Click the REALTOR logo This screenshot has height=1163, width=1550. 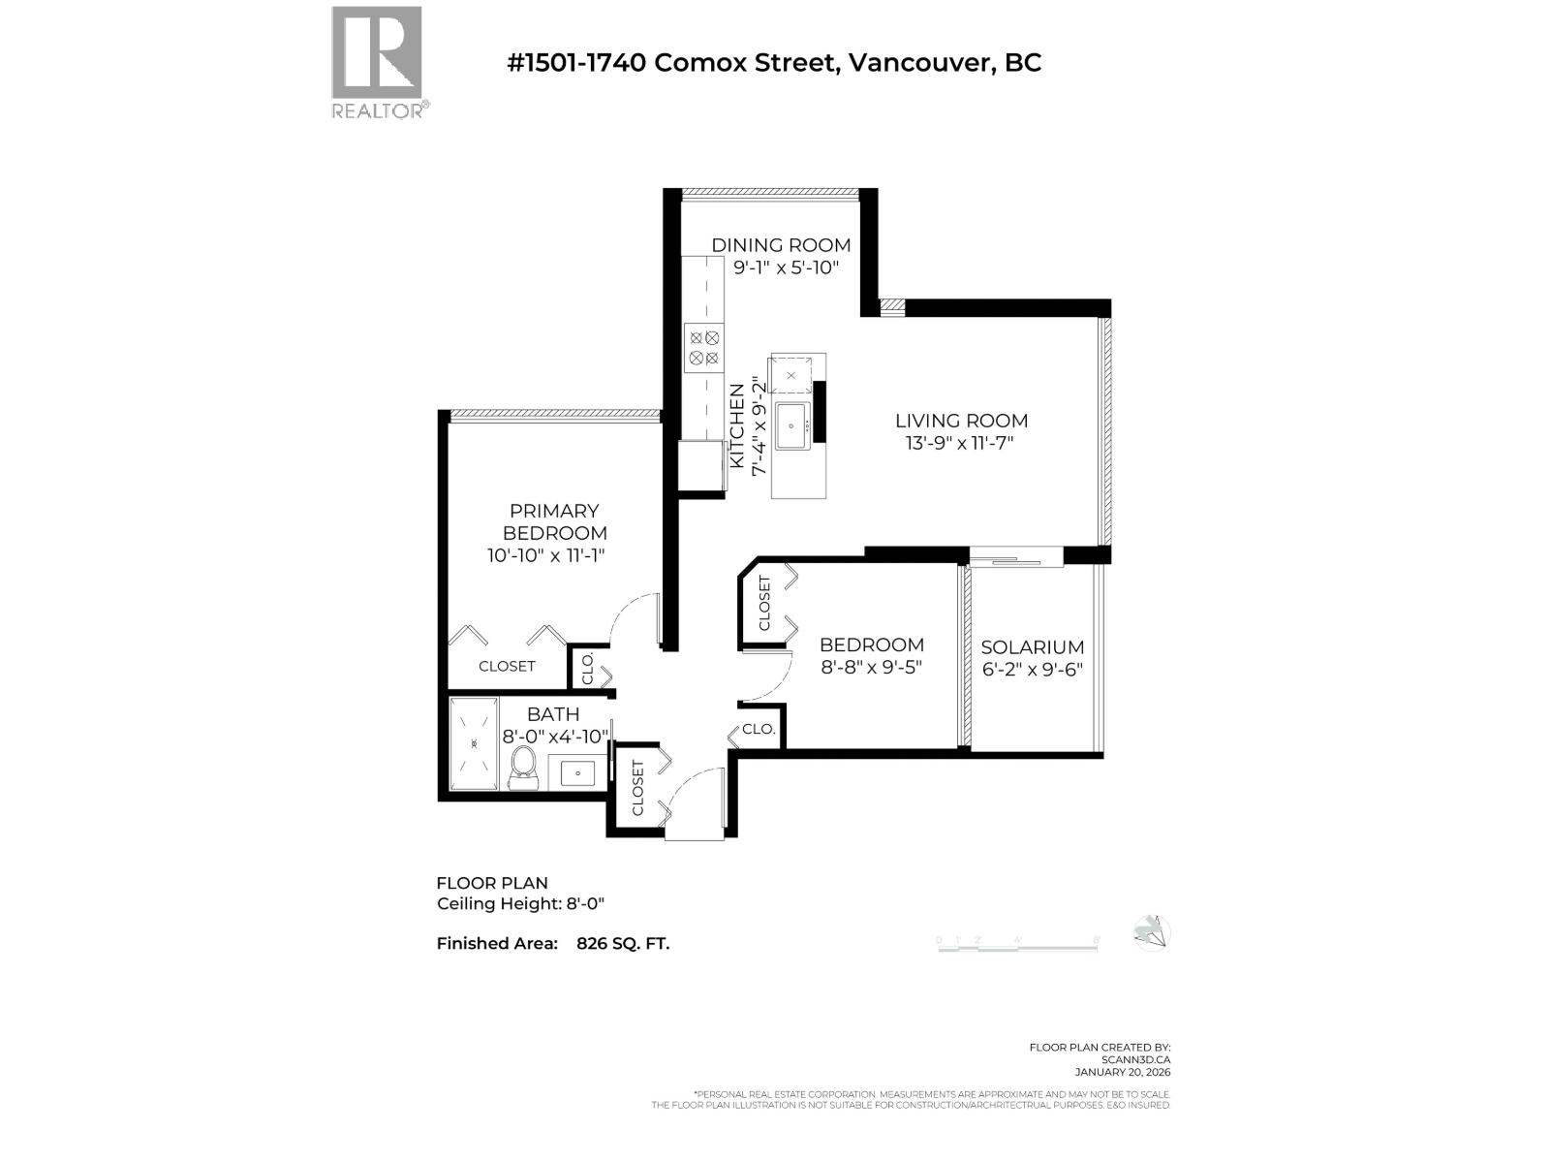377,62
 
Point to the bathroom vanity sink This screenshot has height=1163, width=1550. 579,773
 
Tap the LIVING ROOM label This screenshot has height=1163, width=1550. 961,421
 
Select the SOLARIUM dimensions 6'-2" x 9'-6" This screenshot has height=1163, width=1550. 1032,670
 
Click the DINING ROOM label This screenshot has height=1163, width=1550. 781,245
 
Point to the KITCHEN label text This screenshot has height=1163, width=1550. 737,426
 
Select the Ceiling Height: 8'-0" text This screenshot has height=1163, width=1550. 520,904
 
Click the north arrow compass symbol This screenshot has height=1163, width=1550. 1152,933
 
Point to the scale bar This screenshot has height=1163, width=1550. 1017,945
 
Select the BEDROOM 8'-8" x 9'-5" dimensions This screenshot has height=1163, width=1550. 871,668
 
